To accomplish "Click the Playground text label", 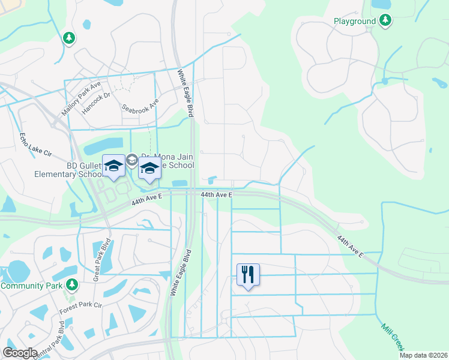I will (354, 22).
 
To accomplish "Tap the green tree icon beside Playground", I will (385, 22).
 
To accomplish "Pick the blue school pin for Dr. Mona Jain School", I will (149, 169).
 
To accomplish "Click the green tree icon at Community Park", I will (72, 284).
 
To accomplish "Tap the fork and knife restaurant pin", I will (248, 274).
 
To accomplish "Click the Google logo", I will (20, 353).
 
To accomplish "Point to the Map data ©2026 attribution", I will (424, 355).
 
